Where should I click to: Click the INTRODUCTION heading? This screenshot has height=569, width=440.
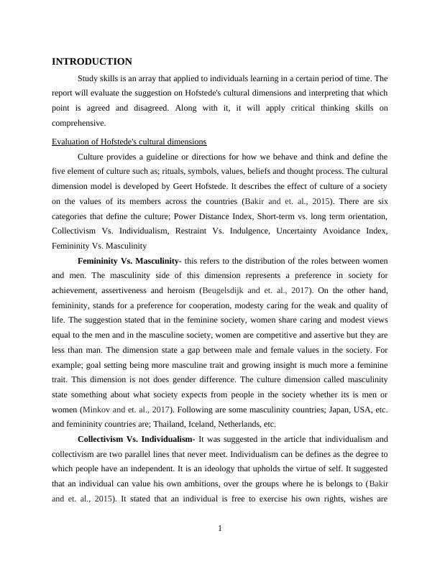(x=92, y=62)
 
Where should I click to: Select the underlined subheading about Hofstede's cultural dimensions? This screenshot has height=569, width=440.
(x=129, y=141)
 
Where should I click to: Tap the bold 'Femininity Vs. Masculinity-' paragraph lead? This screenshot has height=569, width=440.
(x=128, y=259)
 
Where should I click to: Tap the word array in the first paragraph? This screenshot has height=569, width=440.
(x=143, y=78)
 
